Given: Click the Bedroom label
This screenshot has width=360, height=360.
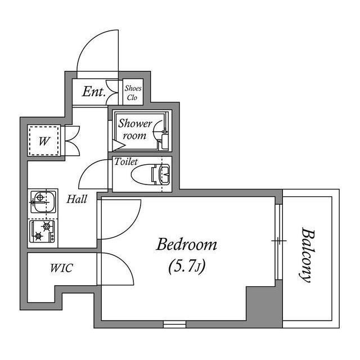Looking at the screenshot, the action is [x=186, y=245].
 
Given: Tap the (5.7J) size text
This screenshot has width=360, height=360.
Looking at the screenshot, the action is [x=187, y=267].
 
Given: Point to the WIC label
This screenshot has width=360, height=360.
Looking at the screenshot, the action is [x=61, y=268].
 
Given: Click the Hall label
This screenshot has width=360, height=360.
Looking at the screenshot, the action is [x=77, y=199].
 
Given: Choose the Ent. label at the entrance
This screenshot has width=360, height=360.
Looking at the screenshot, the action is [x=94, y=92].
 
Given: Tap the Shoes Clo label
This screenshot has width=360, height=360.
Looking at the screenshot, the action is [x=133, y=93].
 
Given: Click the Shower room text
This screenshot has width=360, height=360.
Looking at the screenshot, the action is [x=135, y=129].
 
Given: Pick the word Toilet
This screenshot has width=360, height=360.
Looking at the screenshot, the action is [x=126, y=161].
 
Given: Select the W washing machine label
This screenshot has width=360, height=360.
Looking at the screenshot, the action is [x=44, y=141].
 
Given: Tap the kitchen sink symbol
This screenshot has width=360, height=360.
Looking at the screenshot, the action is [x=43, y=201].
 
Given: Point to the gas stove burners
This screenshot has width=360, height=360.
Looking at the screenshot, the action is [x=42, y=231].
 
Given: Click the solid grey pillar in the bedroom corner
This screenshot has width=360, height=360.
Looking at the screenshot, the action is [x=264, y=304].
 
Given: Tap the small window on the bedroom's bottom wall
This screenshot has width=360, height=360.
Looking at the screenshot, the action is [x=174, y=324].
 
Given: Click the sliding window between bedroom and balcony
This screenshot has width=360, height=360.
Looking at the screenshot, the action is [x=279, y=241].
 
